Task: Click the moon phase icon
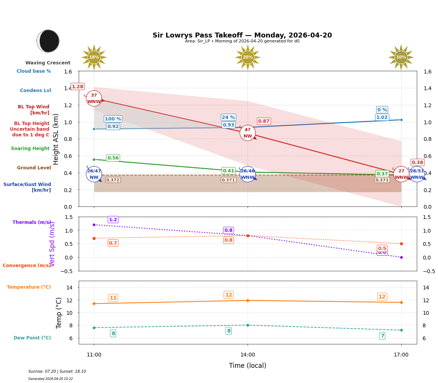[48, 41]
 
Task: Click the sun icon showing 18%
[94, 57]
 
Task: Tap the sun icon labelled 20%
[248, 57]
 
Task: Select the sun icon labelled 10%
[401, 57]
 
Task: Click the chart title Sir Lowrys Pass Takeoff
[242, 35]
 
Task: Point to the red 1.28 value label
[78, 86]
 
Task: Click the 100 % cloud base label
[113, 119]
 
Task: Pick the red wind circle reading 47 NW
[248, 133]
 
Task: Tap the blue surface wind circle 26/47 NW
[94, 174]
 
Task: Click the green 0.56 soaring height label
[113, 158]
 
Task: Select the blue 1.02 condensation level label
[382, 117]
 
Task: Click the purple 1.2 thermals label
[113, 220]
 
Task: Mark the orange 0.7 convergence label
[113, 243]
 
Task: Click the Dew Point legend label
[32, 338]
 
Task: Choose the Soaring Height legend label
[30, 149]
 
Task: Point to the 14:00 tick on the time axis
[248, 355]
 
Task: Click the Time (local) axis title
[248, 366]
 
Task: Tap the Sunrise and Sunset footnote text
[57, 372]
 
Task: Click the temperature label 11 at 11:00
[113, 298]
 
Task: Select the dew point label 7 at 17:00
[382, 336]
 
